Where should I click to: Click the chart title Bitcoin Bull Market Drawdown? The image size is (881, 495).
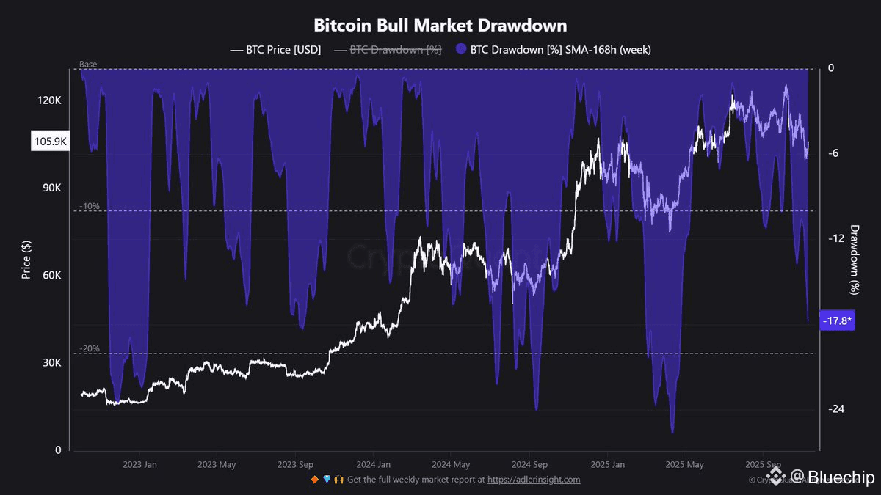(x=440, y=25)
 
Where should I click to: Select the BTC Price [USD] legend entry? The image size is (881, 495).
(x=275, y=50)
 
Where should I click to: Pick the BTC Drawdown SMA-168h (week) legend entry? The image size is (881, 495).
(x=553, y=50)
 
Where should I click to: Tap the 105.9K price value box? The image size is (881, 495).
(x=50, y=142)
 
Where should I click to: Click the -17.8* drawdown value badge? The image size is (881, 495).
(x=836, y=321)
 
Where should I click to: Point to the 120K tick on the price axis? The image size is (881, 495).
(x=50, y=100)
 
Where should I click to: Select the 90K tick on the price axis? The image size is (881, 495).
(x=52, y=188)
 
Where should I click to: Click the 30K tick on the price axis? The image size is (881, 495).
(x=52, y=363)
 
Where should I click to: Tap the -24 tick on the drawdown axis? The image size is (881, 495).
(x=836, y=409)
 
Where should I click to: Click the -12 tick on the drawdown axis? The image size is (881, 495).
(x=836, y=238)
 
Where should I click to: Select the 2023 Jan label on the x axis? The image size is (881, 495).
(x=139, y=464)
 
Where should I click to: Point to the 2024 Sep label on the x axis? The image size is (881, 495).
(x=529, y=464)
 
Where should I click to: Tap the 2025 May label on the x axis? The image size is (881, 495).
(x=684, y=464)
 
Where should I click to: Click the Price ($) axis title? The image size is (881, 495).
(x=26, y=258)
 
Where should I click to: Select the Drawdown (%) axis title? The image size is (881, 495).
(x=855, y=259)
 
